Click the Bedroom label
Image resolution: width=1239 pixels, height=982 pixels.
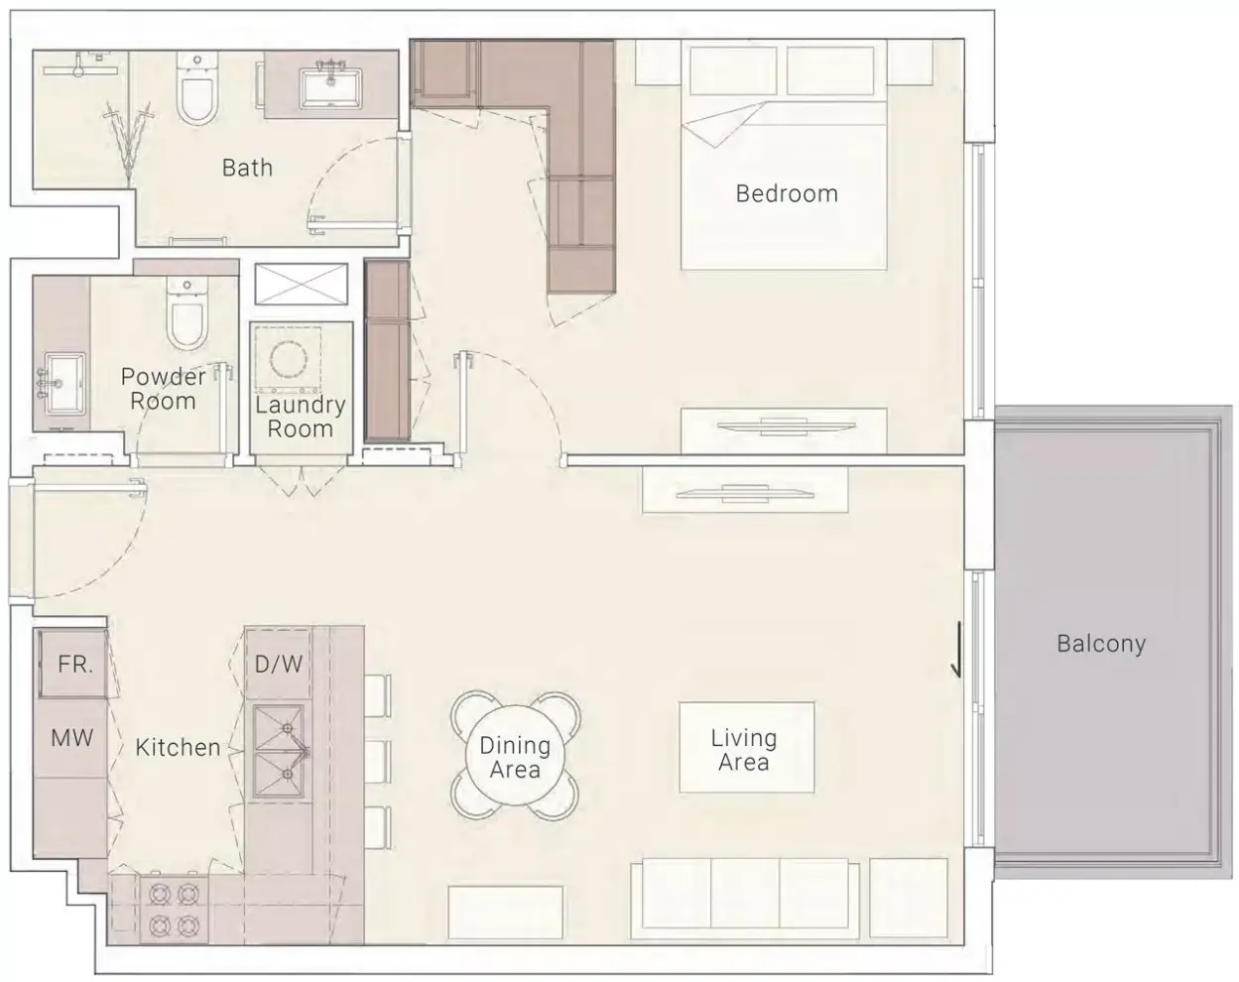point(787,194)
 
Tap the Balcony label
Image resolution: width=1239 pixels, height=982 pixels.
point(1101,644)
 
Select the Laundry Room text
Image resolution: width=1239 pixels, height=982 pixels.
point(300,418)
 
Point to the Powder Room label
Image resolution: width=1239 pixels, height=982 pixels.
point(163,389)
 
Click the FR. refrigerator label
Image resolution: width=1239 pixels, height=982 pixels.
point(75,665)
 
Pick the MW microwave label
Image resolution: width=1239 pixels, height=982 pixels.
point(72,738)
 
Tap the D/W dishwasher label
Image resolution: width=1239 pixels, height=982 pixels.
point(279,665)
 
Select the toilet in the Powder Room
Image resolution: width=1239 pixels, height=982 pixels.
point(186,314)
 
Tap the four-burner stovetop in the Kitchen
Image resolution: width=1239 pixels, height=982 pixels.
point(174,910)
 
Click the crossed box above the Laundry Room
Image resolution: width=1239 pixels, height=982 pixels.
point(302,285)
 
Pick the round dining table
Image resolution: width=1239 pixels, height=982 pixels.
point(515,755)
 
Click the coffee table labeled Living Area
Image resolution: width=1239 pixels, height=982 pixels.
point(747,747)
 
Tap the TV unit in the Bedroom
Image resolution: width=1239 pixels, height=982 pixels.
point(784,430)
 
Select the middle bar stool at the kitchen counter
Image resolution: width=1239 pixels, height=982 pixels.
point(378,762)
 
